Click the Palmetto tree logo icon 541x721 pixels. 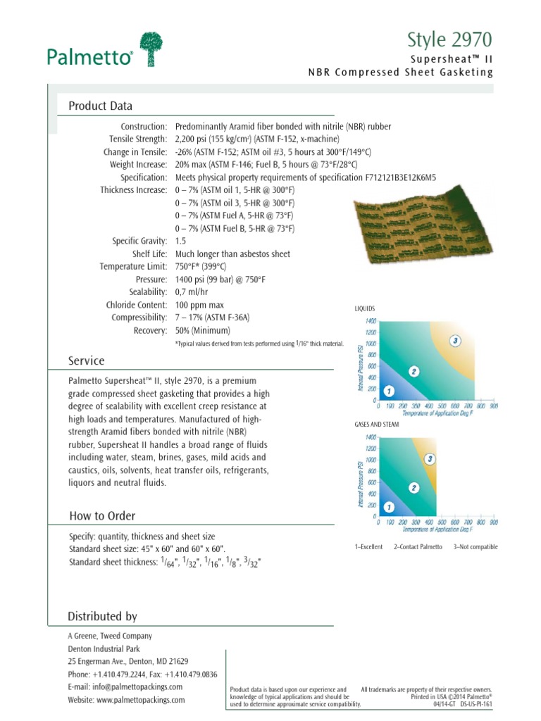[x=154, y=49]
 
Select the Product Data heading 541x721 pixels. [x=100, y=106]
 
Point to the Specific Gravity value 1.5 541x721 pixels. [x=180, y=241]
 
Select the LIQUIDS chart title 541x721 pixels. [x=366, y=308]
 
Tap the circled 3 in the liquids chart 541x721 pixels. [x=456, y=341]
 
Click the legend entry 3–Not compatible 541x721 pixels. [x=475, y=546]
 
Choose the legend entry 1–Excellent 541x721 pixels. [x=370, y=546]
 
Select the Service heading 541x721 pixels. [x=86, y=361]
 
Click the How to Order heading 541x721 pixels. [x=102, y=516]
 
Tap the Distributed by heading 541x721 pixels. [x=102, y=617]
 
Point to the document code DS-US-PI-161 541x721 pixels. [x=476, y=703]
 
